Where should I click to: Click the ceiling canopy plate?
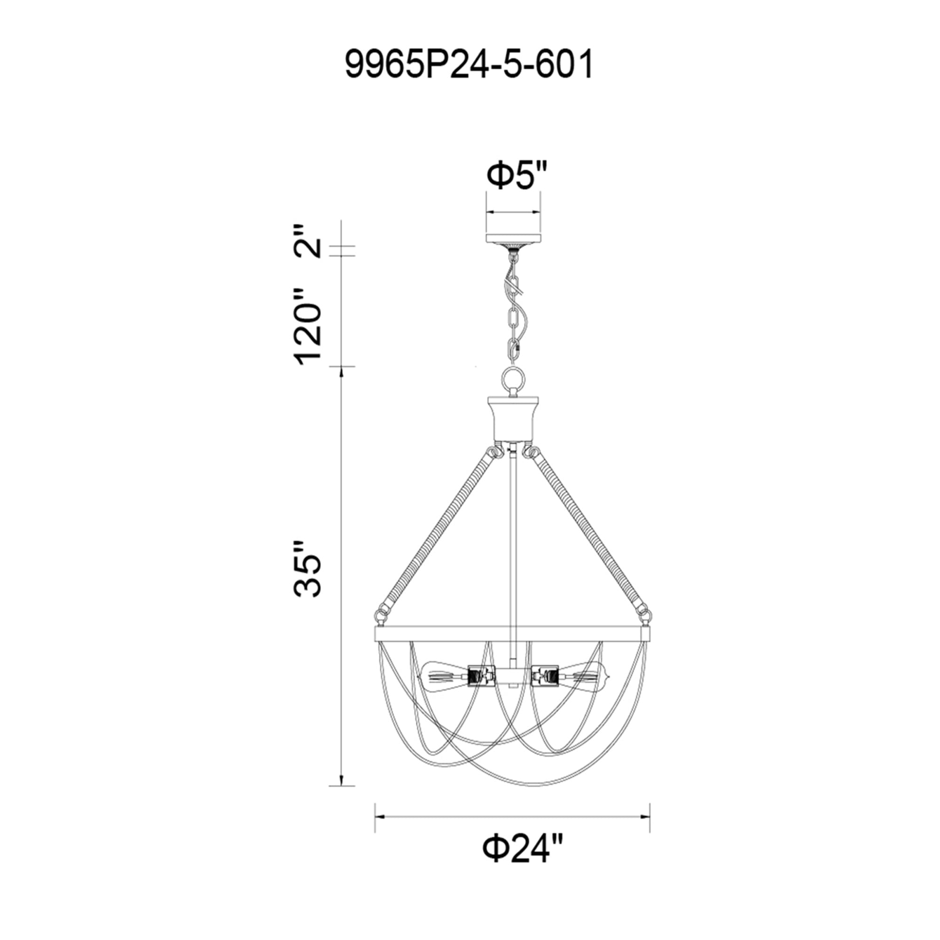coord(513,239)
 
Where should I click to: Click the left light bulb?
coord(445,675)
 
